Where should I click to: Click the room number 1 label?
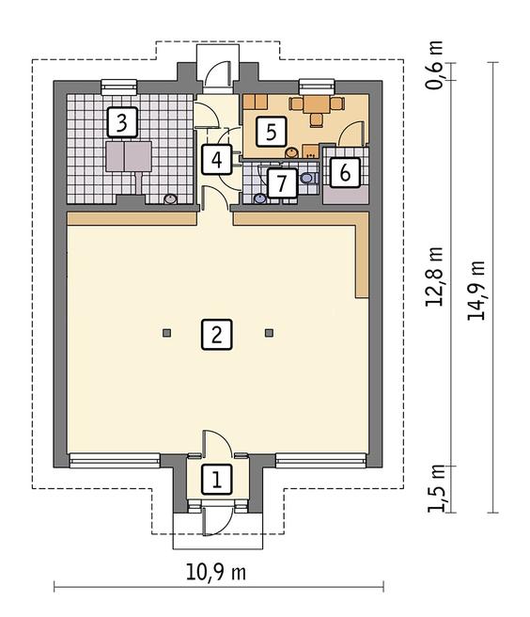click(217, 479)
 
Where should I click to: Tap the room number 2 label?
click(217, 335)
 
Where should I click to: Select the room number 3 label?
click(122, 122)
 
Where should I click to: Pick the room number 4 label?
click(217, 160)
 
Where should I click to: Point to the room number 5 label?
click(272, 132)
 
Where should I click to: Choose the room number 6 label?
click(345, 172)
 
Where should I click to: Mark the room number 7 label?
click(282, 183)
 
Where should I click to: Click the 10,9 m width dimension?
click(216, 573)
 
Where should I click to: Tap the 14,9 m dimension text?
click(475, 291)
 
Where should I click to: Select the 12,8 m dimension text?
click(434, 277)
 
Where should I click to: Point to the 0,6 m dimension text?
click(434, 65)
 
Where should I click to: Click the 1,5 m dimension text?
click(436, 488)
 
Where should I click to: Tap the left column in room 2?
click(166, 333)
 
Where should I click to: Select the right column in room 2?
click(269, 333)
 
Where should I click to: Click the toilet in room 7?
click(309, 178)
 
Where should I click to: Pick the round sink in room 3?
click(170, 199)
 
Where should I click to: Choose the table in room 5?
click(317, 103)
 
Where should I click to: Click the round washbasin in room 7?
click(260, 198)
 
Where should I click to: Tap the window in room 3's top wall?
click(119, 87)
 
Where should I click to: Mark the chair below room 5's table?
click(316, 120)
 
